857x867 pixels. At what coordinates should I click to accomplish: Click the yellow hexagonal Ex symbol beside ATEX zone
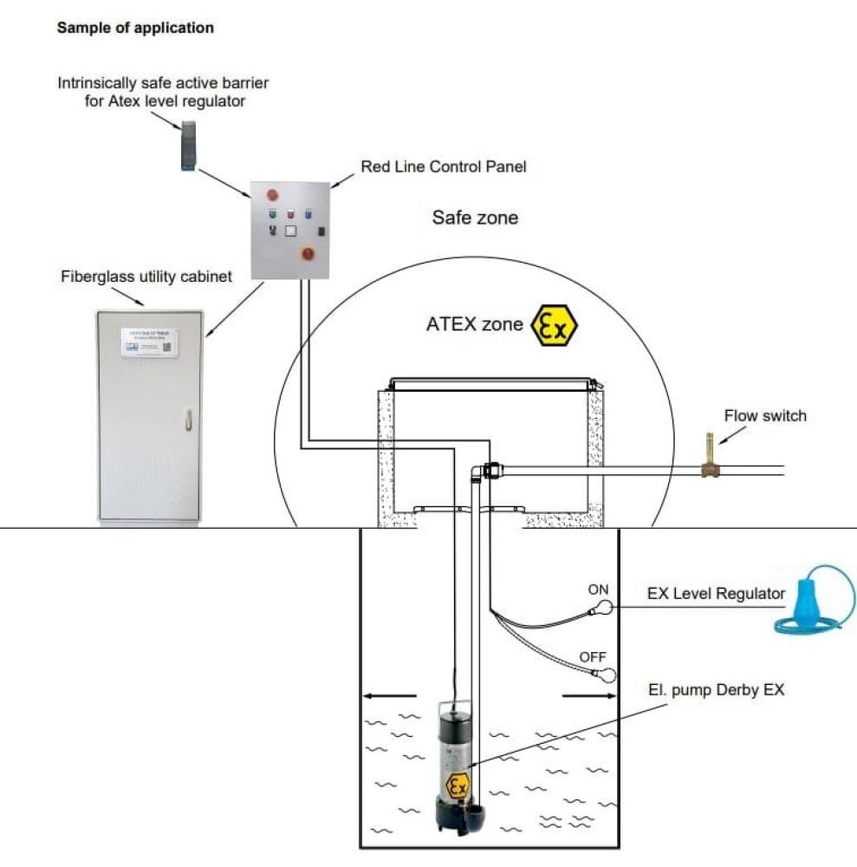tap(554, 325)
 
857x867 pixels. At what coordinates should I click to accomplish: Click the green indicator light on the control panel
tap(273, 212)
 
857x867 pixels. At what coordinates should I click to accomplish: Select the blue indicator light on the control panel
tap(308, 212)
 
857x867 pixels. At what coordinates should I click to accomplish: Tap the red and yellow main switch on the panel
tap(307, 253)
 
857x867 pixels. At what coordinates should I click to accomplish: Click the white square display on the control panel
tap(290, 231)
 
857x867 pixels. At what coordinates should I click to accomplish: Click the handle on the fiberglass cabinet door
tap(185, 420)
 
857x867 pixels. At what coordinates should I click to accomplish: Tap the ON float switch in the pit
tap(604, 609)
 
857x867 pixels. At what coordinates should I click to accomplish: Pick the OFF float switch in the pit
tap(608, 675)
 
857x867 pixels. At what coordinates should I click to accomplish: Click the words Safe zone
tap(475, 217)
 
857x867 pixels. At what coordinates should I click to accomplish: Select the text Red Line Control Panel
tap(444, 166)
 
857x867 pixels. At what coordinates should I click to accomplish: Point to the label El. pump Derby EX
tap(716, 690)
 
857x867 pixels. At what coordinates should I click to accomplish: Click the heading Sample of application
tap(135, 28)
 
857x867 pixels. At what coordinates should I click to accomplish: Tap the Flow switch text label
tap(765, 415)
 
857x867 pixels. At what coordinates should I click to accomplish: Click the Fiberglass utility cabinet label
tap(147, 277)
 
